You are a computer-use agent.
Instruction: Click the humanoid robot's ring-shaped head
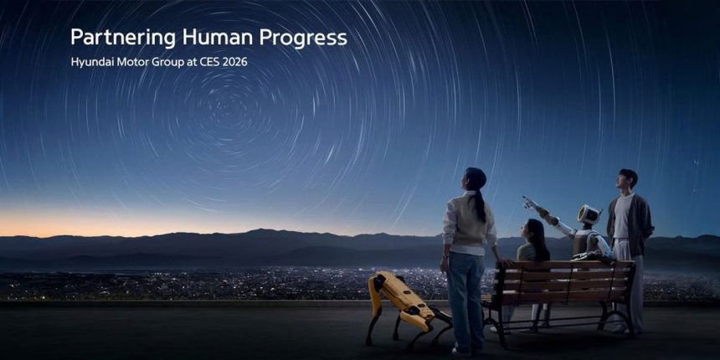click(x=589, y=215)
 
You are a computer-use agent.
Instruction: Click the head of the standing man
click(x=627, y=179)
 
